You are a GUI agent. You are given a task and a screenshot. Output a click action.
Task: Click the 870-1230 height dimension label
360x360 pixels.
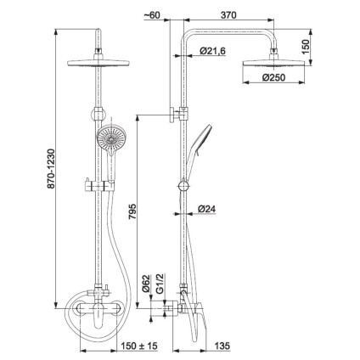(x=51, y=169)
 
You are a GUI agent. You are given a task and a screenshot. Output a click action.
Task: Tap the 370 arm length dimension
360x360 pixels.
(x=228, y=15)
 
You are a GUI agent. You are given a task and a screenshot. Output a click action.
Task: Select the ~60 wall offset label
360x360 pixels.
(x=152, y=15)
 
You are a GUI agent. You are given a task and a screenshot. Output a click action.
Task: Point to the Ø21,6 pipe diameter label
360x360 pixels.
(x=212, y=51)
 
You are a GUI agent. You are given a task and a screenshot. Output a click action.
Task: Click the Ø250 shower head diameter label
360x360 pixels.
(x=273, y=77)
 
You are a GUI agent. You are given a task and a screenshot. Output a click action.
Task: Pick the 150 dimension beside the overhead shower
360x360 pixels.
(x=306, y=47)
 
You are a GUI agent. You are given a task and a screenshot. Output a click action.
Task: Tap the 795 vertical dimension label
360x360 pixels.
(x=132, y=211)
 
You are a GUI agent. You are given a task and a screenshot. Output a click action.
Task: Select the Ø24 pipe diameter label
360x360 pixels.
(x=207, y=209)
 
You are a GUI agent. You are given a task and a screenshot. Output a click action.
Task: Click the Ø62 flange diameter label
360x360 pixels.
(x=146, y=284)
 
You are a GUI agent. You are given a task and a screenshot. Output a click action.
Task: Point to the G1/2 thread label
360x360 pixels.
(x=160, y=284)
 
